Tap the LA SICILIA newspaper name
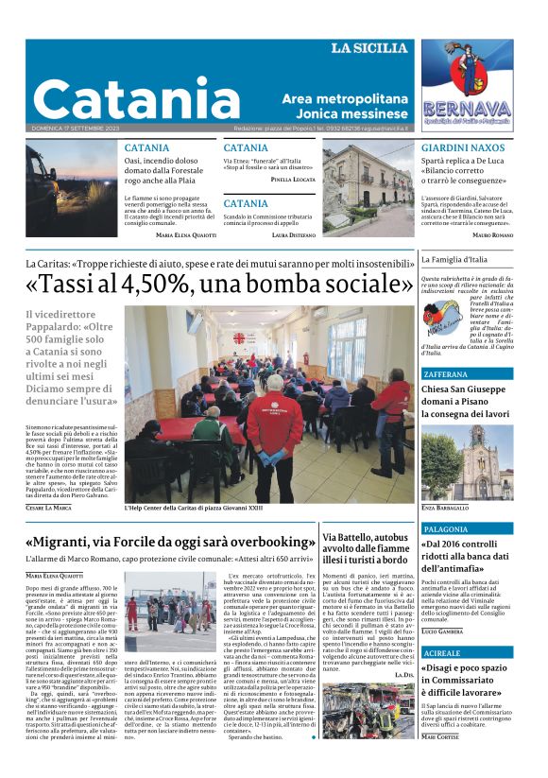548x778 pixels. pyautogui.click(x=368, y=48)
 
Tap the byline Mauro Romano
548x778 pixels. pyautogui.click(x=492, y=234)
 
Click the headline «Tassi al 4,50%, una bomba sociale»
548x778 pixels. pyautogui.click(x=219, y=284)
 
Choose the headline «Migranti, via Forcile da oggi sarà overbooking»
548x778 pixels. pyautogui.click(x=170, y=543)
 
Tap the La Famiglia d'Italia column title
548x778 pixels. pyautogui.click(x=454, y=259)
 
